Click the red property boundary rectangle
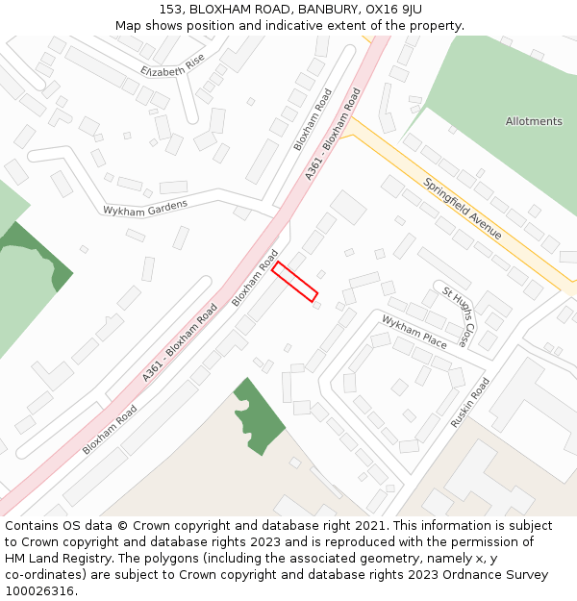tap(294, 282)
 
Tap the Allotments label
tap(534, 121)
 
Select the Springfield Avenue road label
tap(463, 207)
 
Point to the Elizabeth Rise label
tap(172, 65)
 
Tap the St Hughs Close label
tap(458, 315)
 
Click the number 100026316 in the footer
tap(38, 591)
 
